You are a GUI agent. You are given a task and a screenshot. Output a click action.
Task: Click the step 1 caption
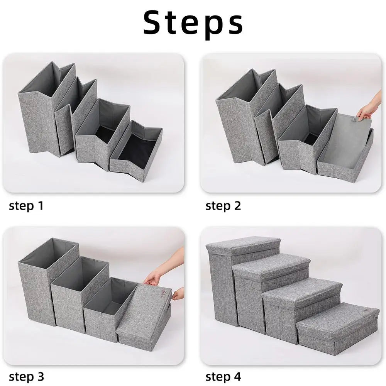click(26, 206)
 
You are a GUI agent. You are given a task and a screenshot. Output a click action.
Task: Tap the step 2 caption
click(223, 206)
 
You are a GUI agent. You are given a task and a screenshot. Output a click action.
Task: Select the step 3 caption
click(26, 377)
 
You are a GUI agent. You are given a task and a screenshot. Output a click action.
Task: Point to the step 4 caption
click(223, 377)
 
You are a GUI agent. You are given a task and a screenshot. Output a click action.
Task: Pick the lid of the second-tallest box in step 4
click(271, 266)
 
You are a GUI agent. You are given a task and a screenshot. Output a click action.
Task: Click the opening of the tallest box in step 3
click(48, 253)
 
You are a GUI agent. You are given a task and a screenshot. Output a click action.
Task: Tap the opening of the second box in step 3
click(80, 273)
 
